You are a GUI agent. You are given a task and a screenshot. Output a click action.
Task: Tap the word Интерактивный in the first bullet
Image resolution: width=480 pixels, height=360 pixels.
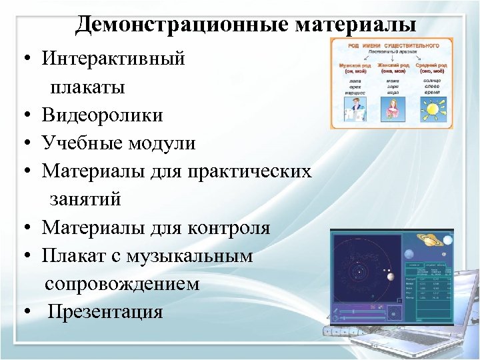coord(113,59)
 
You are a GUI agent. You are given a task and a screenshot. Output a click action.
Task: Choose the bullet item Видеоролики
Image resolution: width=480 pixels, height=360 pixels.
coord(102,115)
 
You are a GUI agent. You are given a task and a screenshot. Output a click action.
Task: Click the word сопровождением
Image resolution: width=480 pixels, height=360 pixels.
coord(122,284)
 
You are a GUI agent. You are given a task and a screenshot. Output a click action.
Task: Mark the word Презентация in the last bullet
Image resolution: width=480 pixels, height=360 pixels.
coord(105,312)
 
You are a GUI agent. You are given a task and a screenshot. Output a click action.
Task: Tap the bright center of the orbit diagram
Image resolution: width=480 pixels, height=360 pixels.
coord(359,272)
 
